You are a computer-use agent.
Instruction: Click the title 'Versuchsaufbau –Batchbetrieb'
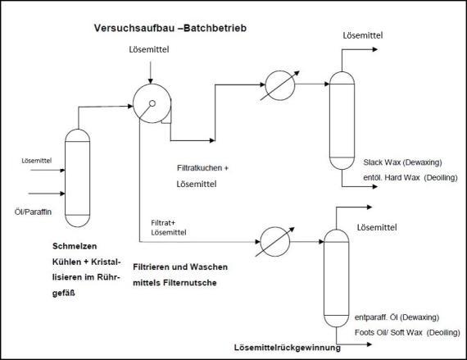click(x=170, y=28)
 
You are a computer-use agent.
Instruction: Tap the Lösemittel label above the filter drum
click(x=149, y=49)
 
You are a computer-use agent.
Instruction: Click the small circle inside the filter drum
click(x=152, y=103)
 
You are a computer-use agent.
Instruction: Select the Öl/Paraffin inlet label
click(x=33, y=212)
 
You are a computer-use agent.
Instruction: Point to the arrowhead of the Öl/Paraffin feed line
click(x=62, y=194)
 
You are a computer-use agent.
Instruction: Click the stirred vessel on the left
click(x=78, y=178)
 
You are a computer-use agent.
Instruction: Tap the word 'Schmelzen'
click(x=75, y=246)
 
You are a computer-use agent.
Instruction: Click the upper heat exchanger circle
click(x=280, y=85)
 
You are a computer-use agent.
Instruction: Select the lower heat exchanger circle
click(x=275, y=242)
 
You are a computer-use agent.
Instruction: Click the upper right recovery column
click(x=342, y=121)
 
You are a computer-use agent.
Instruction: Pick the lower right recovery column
click(x=336, y=278)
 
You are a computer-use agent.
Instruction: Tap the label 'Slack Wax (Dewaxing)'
click(x=402, y=162)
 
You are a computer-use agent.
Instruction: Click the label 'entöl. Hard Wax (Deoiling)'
click(x=410, y=178)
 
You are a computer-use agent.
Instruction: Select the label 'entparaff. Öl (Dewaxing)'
click(x=397, y=317)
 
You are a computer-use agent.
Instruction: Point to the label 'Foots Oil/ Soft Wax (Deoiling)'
click(x=407, y=332)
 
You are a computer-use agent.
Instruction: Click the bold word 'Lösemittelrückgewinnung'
click(x=288, y=348)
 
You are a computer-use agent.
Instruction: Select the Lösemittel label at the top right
click(x=363, y=35)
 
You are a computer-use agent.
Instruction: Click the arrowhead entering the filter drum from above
click(x=151, y=81)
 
